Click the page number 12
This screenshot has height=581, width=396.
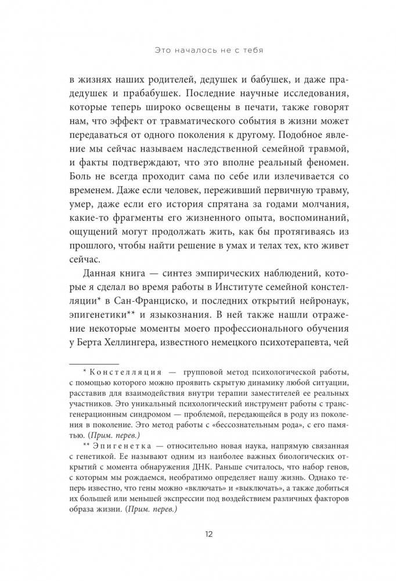point(199,535)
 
